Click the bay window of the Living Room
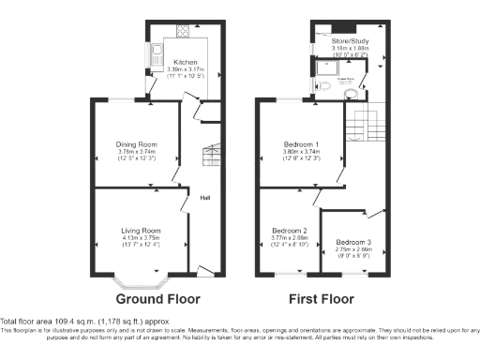click(140, 277)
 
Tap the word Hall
click(203, 197)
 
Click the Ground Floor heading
click(157, 300)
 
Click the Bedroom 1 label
click(301, 144)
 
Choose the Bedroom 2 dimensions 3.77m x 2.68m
click(289, 238)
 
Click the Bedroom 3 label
click(352, 243)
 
